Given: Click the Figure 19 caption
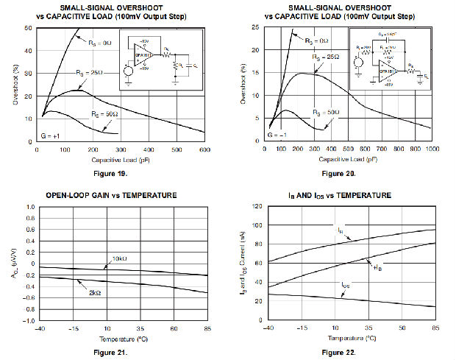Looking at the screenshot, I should (111, 174).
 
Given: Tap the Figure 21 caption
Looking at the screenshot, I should (111, 353).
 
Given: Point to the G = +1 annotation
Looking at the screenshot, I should (51, 135).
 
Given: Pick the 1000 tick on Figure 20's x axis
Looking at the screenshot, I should (430, 149).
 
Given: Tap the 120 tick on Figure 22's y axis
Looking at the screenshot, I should (260, 207).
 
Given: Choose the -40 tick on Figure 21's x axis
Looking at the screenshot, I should (40, 328).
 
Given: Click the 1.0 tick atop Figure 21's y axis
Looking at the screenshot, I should (29, 207).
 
